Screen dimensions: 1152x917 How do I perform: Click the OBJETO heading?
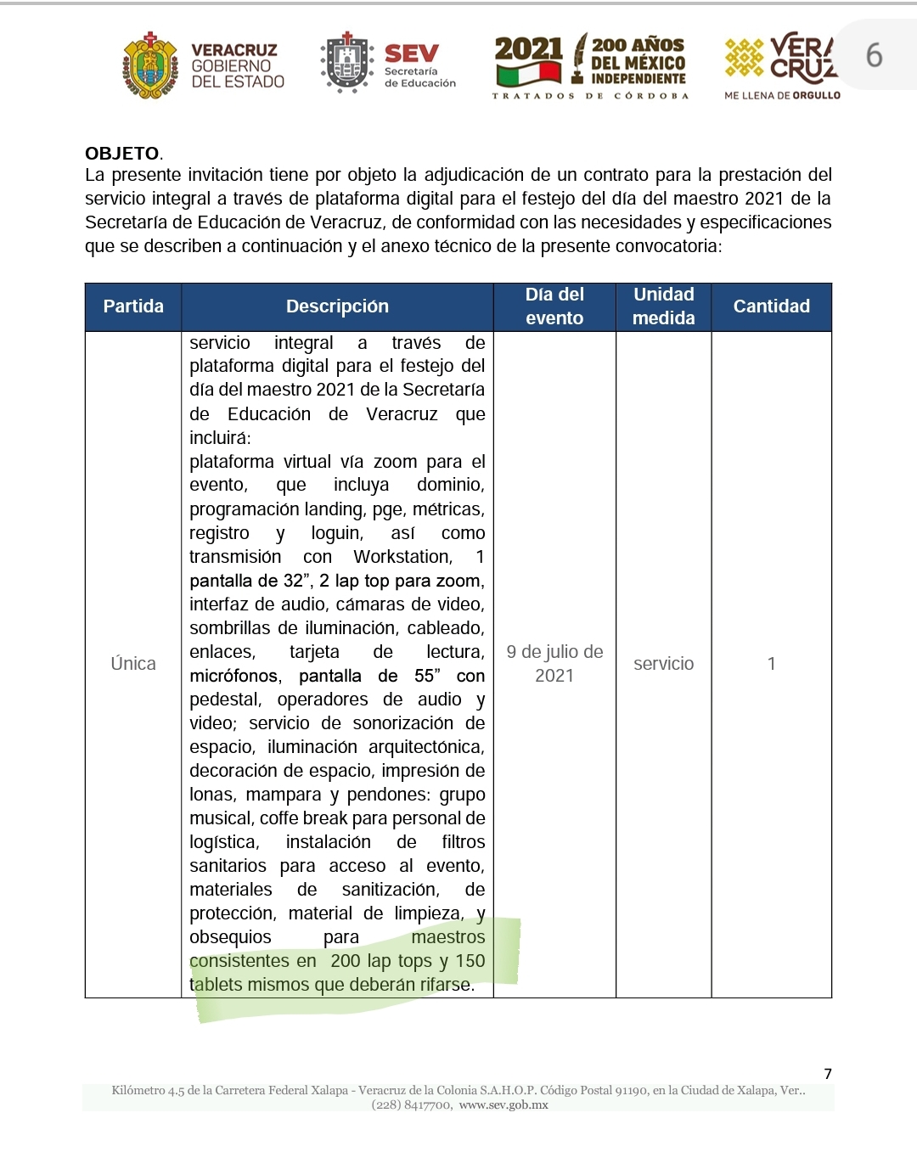point(122,154)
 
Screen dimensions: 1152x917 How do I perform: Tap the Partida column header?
point(133,306)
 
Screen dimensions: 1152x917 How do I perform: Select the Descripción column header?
point(337,306)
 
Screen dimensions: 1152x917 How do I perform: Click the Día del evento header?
point(554,306)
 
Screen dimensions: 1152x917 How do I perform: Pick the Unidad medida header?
point(664,306)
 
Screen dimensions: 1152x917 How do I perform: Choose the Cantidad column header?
point(771,306)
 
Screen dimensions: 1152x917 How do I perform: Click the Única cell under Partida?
point(133,664)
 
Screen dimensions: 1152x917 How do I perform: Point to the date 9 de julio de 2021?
point(554,664)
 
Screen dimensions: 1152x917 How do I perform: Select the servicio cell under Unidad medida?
point(664,664)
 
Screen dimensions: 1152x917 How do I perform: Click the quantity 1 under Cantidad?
point(771,664)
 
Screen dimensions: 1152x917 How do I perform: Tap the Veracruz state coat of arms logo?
point(150,65)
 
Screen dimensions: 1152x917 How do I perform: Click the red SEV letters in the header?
point(412,54)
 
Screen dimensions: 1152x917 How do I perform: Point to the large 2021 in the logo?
point(528,49)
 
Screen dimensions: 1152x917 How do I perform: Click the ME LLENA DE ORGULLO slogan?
point(782,96)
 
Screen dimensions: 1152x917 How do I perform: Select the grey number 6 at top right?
point(874,56)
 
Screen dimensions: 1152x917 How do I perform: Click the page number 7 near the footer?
point(828,1074)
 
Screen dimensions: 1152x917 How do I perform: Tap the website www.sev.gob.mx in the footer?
point(504,1104)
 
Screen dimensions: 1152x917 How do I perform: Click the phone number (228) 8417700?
point(412,1104)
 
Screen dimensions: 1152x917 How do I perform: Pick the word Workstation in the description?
point(402,557)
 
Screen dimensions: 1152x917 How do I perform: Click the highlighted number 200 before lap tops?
point(346,961)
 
